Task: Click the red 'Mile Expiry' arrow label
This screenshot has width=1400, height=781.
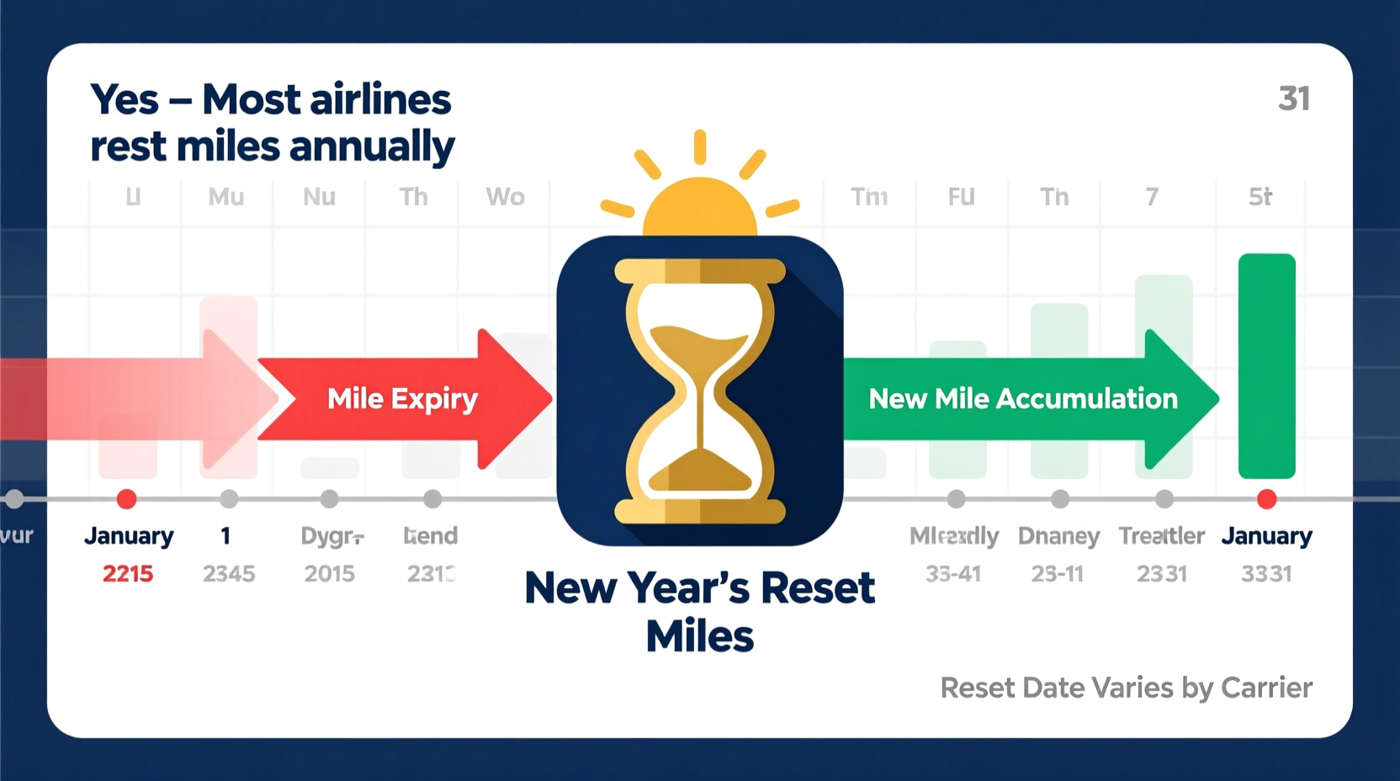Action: (402, 398)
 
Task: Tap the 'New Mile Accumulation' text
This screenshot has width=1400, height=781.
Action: (1022, 398)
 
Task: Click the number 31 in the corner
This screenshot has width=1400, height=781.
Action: (1293, 99)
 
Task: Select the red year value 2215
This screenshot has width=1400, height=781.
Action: (128, 574)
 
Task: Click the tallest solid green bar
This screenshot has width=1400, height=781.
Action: (1266, 366)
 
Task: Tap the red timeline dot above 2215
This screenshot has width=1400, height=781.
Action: (127, 499)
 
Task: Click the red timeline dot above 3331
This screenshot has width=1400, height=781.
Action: (1266, 499)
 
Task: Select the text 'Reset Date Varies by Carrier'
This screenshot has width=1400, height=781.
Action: (1126, 688)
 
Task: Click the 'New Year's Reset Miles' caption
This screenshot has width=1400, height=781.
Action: (699, 611)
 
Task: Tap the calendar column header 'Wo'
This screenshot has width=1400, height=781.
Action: (505, 197)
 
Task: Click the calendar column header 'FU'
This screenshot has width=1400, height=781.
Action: (961, 197)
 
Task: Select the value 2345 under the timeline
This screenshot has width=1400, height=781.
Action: (229, 574)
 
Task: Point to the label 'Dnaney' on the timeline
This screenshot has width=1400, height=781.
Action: (1058, 536)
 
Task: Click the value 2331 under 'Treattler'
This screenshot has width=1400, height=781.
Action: (1161, 574)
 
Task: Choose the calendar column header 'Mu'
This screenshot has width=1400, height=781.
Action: (226, 197)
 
